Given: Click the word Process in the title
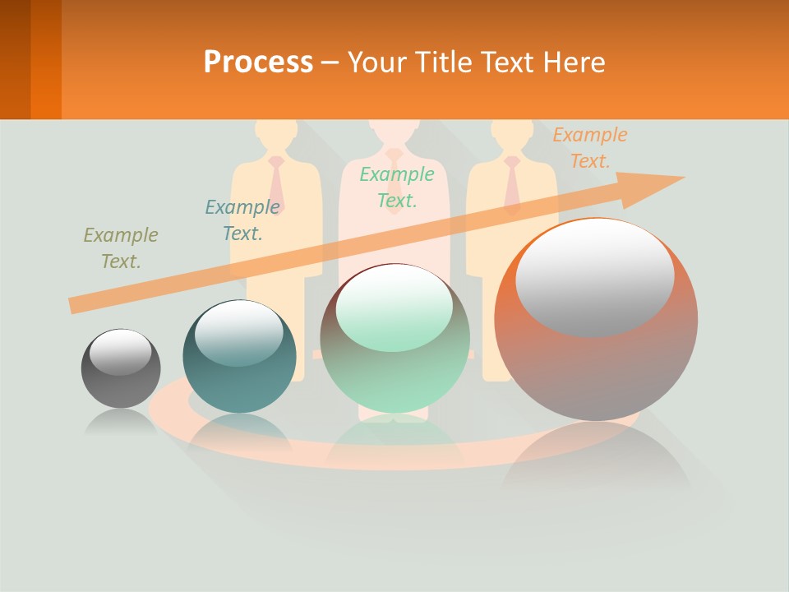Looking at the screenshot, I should pyautogui.click(x=258, y=62).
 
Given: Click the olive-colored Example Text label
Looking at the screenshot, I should pyautogui.click(x=120, y=247).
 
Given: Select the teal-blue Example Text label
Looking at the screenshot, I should pyautogui.click(x=242, y=220).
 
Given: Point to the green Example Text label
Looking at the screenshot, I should pyautogui.click(x=397, y=187).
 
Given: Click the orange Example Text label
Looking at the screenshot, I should pyautogui.click(x=590, y=148).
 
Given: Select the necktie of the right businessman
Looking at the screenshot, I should pyautogui.click(x=513, y=183).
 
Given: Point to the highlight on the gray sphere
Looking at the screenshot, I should pyautogui.click(x=120, y=352).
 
